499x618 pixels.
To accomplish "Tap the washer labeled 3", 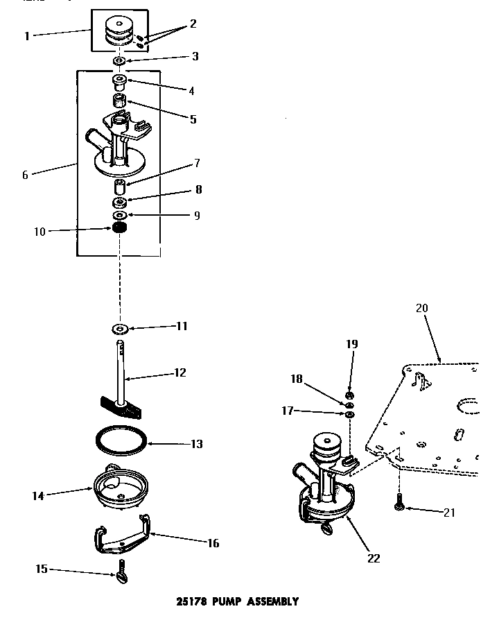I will click(119, 62).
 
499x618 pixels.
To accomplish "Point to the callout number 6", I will click(25, 175).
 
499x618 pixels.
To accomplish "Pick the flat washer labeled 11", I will click(120, 327).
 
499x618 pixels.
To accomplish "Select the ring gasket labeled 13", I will click(119, 442).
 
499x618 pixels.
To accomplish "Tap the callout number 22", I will click(374, 558).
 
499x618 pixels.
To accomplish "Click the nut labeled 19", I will click(350, 395).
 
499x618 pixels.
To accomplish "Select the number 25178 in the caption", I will click(188, 601).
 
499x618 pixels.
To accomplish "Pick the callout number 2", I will click(193, 24).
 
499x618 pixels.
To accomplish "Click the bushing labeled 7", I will click(120, 188).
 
